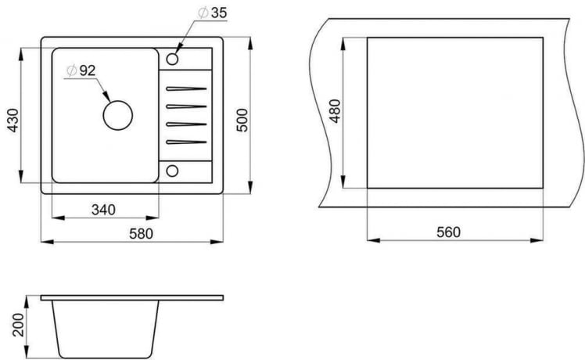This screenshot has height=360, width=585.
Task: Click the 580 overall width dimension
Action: [x=141, y=232]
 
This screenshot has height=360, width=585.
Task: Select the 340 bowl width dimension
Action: [x=103, y=209]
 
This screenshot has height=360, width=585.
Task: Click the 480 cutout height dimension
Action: [x=336, y=112]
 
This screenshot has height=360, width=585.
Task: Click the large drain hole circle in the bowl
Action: [x=117, y=116]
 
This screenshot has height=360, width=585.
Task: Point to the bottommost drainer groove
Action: [x=185, y=142]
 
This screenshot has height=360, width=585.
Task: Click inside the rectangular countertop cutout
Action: [x=454, y=112]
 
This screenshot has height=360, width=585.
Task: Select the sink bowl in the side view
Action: [x=106, y=325]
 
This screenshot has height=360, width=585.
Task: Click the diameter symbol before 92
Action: [x=70, y=70]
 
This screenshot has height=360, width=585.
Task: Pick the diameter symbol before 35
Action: [x=203, y=13]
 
